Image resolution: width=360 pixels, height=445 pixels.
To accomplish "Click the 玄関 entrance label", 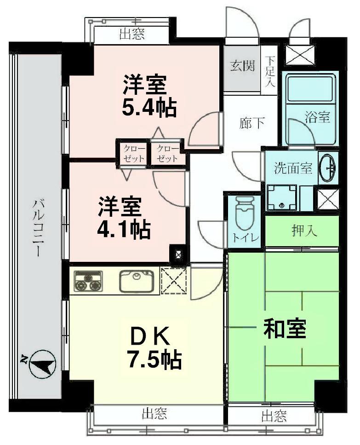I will pos(242,66).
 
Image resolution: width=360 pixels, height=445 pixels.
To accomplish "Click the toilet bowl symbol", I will pos(244,214).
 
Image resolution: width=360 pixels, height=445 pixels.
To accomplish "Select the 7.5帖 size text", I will pos(154,360).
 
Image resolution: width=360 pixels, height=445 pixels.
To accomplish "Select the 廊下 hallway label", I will pos(252,123).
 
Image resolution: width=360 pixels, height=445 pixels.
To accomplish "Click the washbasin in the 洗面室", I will pos(327,167).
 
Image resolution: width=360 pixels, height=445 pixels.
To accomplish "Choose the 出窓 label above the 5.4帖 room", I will pos(131,35).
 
